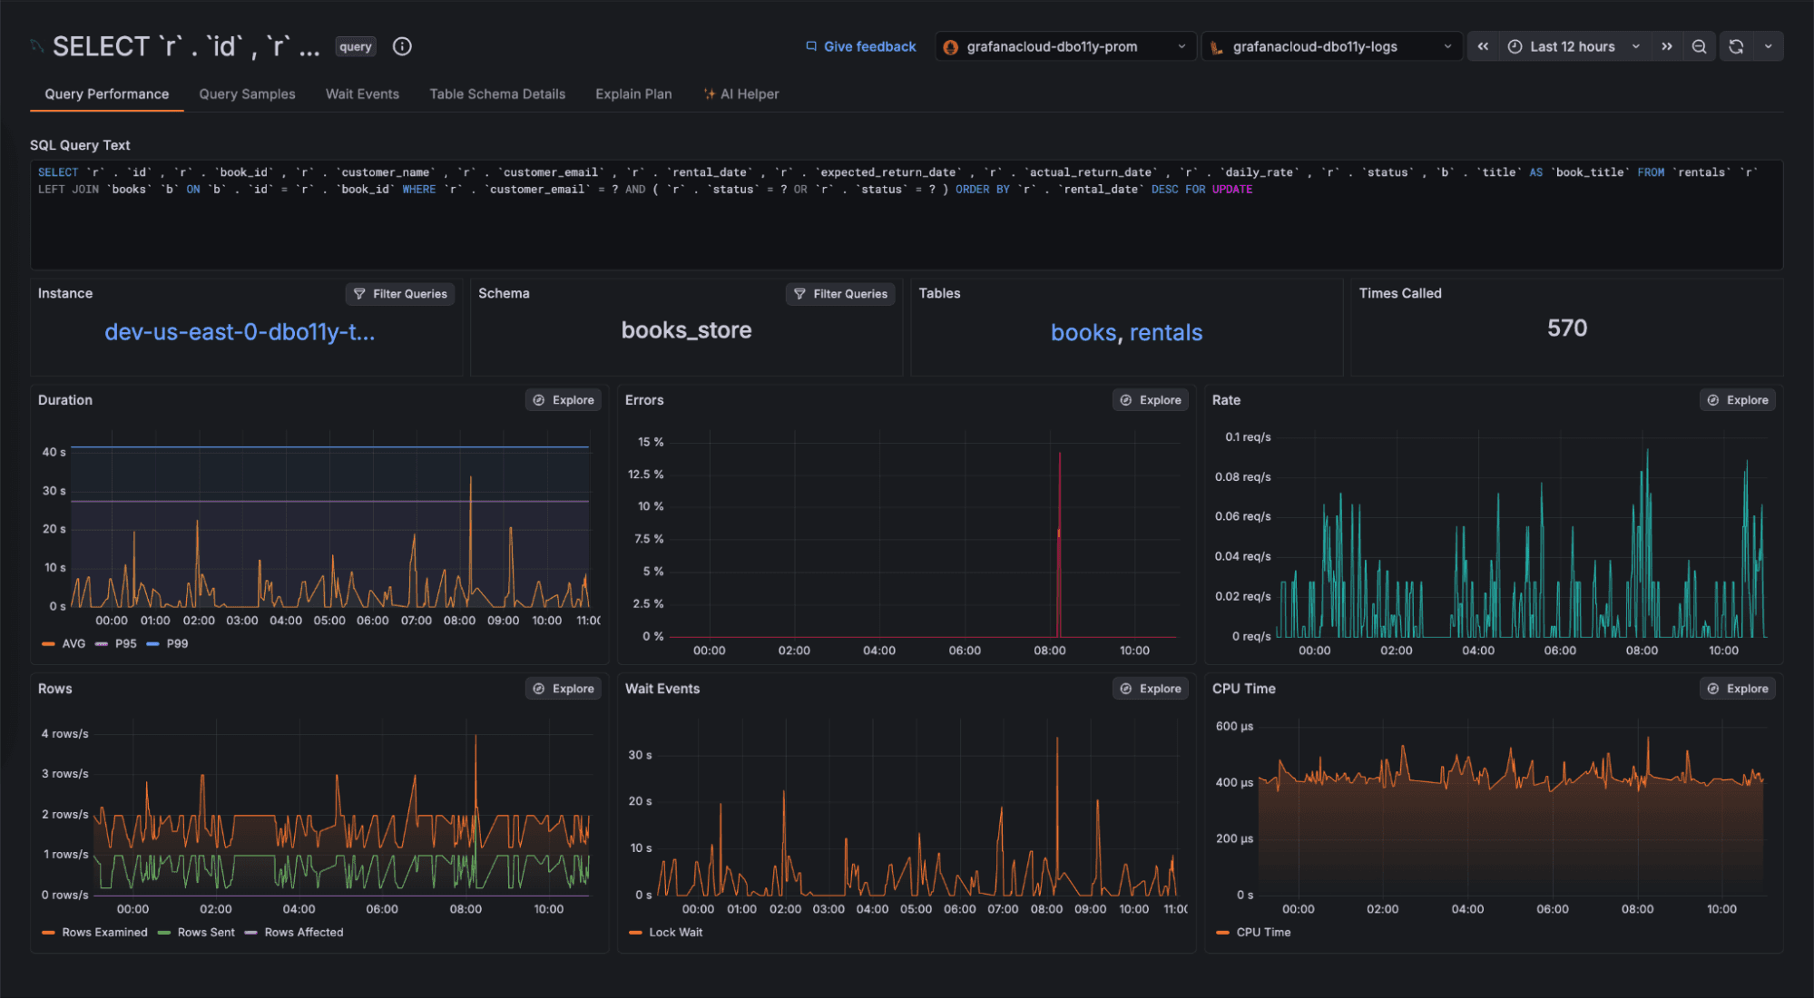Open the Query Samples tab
coord(247,94)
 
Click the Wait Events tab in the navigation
coord(362,94)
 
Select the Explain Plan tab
coord(633,94)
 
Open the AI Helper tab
coord(741,94)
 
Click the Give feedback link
coord(861,47)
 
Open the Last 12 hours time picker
coord(1573,47)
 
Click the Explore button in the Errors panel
coord(1151,400)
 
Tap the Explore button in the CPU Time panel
coord(1738,689)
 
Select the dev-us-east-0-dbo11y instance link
coord(240,332)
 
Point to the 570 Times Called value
coord(1567,328)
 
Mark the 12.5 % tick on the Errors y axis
coord(645,475)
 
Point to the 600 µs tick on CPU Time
coord(1234,727)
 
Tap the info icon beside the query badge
coord(402,47)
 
